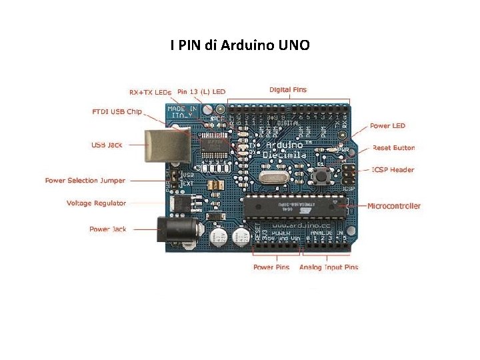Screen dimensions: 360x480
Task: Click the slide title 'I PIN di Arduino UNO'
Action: tap(239, 45)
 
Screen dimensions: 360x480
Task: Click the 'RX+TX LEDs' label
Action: tap(150, 92)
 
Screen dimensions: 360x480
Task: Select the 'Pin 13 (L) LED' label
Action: tap(201, 92)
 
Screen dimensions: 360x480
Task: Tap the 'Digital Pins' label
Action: tap(288, 89)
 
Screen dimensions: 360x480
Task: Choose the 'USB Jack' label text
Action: tap(107, 145)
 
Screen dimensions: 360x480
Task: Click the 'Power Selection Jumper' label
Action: tap(85, 180)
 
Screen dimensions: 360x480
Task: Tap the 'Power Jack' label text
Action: tap(107, 229)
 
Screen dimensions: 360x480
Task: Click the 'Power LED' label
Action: tap(387, 125)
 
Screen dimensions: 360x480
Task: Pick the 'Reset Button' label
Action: tap(393, 147)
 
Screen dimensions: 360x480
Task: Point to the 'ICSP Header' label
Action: tap(393, 169)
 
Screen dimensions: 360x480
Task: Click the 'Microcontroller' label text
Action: tap(394, 206)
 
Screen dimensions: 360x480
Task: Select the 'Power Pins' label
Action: tap(271, 267)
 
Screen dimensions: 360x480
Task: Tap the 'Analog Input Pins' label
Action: tap(329, 267)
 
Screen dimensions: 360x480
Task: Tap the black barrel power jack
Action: tap(177, 231)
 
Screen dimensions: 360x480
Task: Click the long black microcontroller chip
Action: tap(294, 208)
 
